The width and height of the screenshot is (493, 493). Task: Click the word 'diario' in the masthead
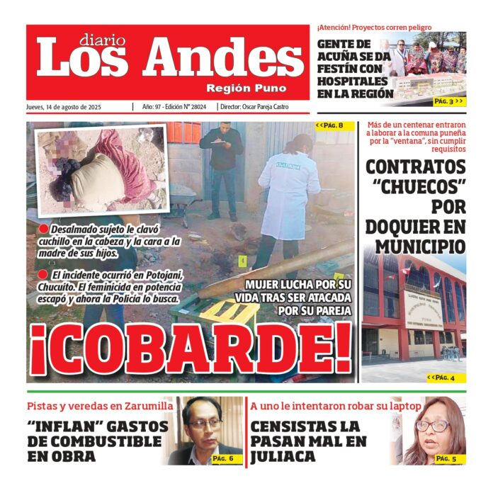pos(103,40)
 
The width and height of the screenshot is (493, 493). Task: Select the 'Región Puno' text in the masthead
pos(246,89)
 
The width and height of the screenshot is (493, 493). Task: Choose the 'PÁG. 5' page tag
pos(446,458)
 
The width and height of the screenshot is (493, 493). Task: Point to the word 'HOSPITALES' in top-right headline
pos(355,81)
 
